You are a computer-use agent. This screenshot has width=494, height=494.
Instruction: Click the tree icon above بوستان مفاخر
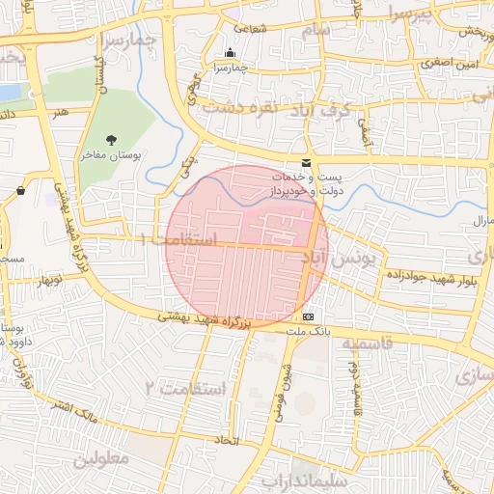[113, 140]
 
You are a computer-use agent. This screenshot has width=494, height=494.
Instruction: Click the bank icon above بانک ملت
[308, 316]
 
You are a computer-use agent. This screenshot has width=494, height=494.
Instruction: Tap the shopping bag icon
[20, 191]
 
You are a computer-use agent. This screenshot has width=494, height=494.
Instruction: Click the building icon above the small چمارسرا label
[230, 53]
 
